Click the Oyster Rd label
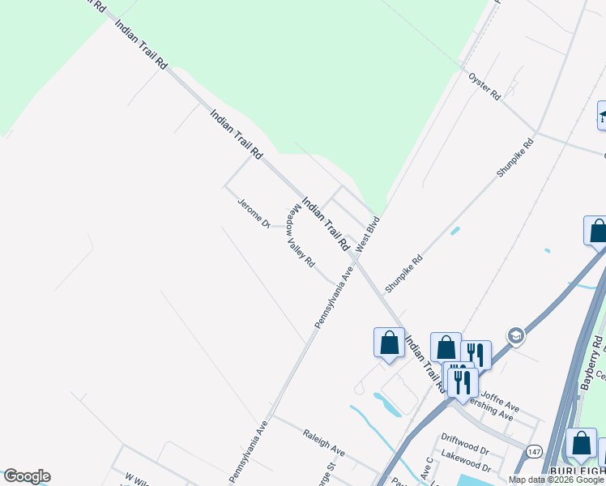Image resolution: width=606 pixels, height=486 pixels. coord(484,86)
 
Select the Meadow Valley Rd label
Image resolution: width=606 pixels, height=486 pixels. coord(300,237)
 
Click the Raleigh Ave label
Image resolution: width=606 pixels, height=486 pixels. coord(324,443)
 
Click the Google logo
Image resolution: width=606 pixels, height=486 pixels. coord(26,476)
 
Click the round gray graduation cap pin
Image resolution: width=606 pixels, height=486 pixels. coord(514,335)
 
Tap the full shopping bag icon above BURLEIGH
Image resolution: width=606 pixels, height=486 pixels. coord(581,443)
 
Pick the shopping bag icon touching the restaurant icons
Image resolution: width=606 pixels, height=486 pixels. coord(446,348)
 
